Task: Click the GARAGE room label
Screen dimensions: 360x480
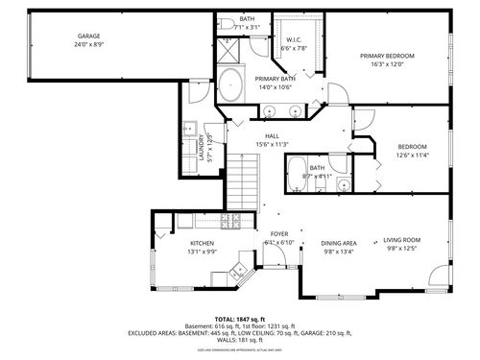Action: pos(89,36)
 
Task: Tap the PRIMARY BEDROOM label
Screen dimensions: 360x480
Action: pos(387,57)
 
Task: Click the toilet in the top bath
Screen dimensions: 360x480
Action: pos(223,25)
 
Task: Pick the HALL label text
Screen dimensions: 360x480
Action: pos(272,136)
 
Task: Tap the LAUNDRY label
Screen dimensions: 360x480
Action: pos(202,146)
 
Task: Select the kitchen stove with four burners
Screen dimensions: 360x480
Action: pos(231,223)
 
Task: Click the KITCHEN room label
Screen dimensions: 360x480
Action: pos(203,245)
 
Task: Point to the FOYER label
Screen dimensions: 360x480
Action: pos(279,234)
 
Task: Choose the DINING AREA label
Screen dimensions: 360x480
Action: pos(339,243)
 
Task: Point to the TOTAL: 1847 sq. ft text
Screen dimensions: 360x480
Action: pos(240,318)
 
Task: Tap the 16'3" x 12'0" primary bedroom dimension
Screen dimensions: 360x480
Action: pos(387,65)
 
